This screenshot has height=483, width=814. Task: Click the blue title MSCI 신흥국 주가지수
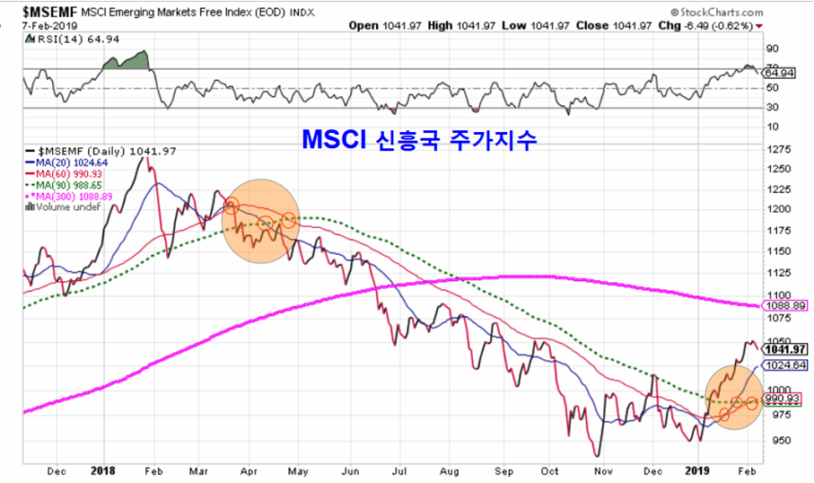418,140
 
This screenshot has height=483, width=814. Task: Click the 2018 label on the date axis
104,469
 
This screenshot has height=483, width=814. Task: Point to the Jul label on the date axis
399,469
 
